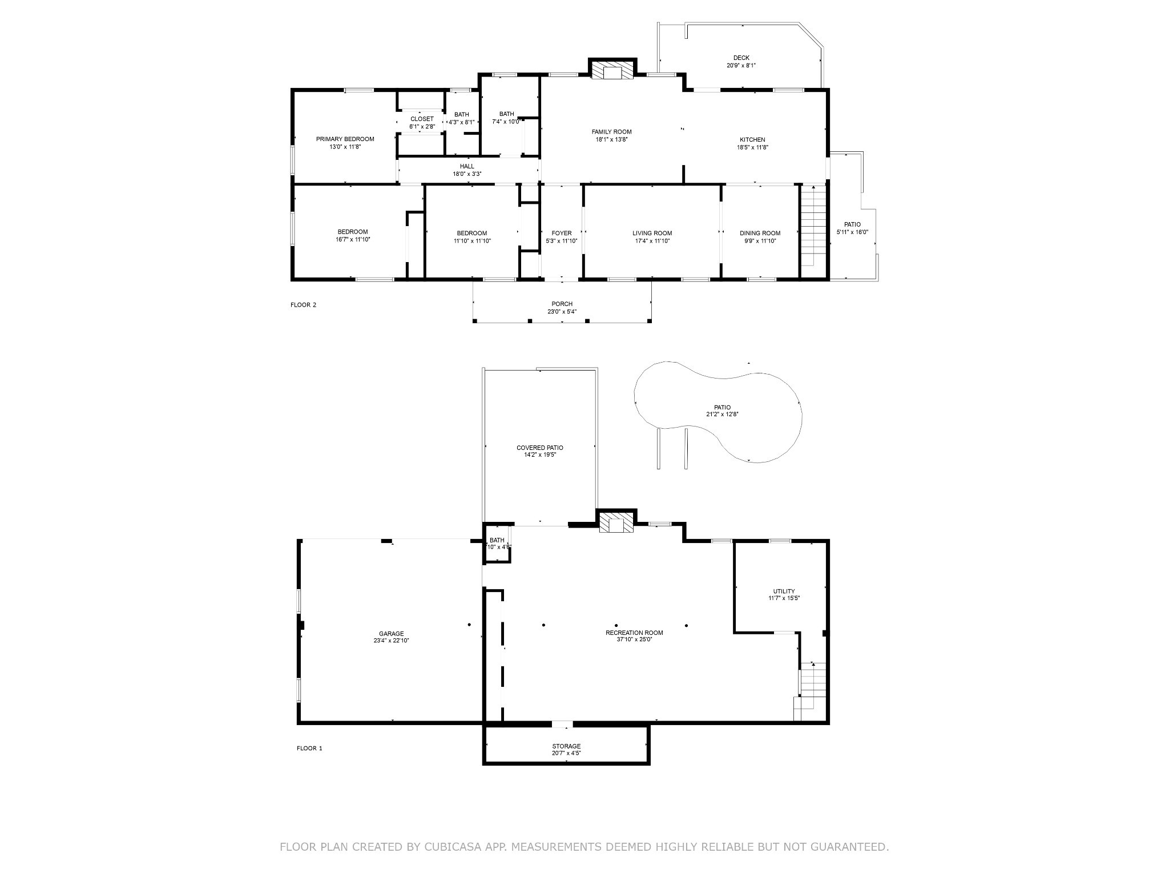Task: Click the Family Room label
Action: click(x=611, y=132)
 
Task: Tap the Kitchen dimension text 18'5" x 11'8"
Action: click(x=752, y=147)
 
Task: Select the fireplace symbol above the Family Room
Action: click(x=612, y=71)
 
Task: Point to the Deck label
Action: click(x=741, y=58)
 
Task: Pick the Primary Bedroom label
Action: click(x=345, y=139)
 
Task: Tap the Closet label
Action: click(x=422, y=119)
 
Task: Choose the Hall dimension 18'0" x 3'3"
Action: click(x=467, y=174)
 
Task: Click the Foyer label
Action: click(x=562, y=233)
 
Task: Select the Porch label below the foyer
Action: click(x=562, y=304)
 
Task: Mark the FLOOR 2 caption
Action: click(x=303, y=305)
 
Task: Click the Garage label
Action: click(x=391, y=633)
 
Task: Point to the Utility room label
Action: click(x=784, y=592)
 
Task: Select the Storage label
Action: click(x=566, y=746)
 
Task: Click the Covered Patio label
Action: click(x=539, y=448)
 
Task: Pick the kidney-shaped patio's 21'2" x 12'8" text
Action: click(x=722, y=415)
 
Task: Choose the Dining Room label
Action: click(x=760, y=233)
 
